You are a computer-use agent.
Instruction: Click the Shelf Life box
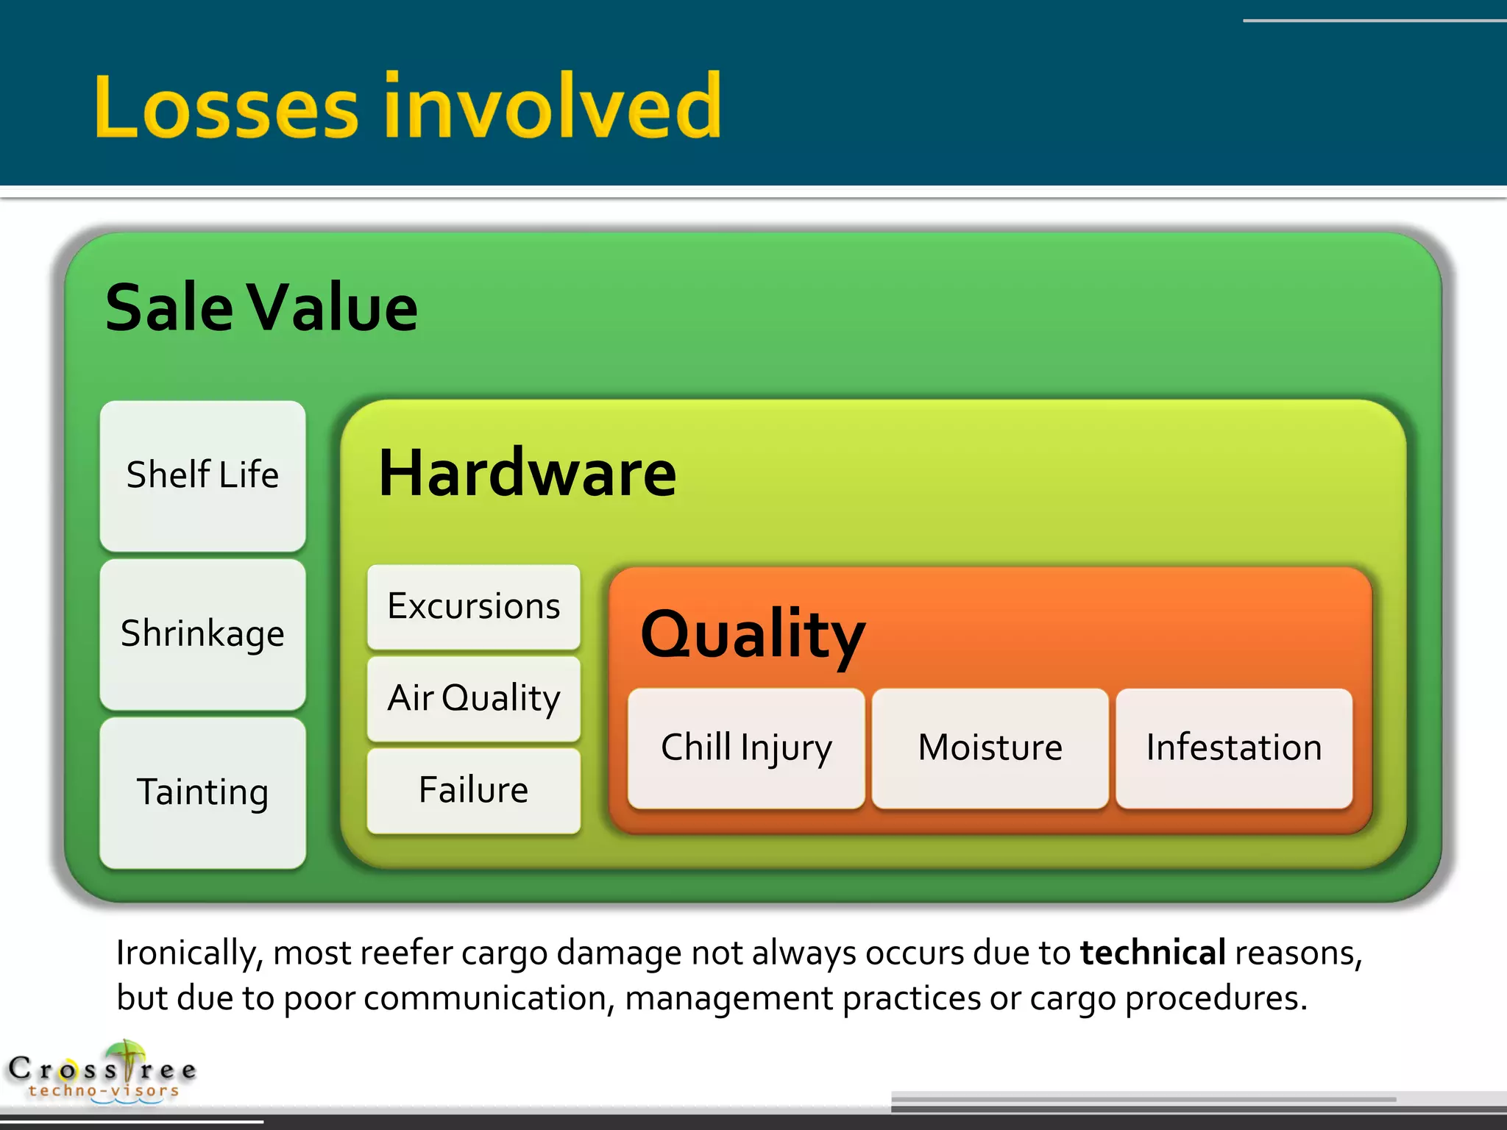(x=202, y=475)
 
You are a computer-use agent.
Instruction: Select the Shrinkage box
(x=202, y=634)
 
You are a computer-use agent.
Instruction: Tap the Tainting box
(x=202, y=792)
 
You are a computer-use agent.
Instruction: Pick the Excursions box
(x=473, y=607)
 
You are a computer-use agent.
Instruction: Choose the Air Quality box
(x=473, y=698)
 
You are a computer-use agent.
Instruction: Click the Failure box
(x=473, y=790)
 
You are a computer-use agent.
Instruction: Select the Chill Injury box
(x=745, y=748)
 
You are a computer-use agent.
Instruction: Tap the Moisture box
(x=990, y=748)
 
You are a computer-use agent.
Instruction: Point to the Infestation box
(x=1233, y=748)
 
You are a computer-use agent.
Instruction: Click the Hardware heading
(x=527, y=474)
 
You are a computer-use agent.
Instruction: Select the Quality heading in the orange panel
(x=752, y=634)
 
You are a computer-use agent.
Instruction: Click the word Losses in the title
(x=226, y=107)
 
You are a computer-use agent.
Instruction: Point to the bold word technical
(x=1152, y=953)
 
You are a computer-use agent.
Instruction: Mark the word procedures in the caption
(x=1216, y=1000)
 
